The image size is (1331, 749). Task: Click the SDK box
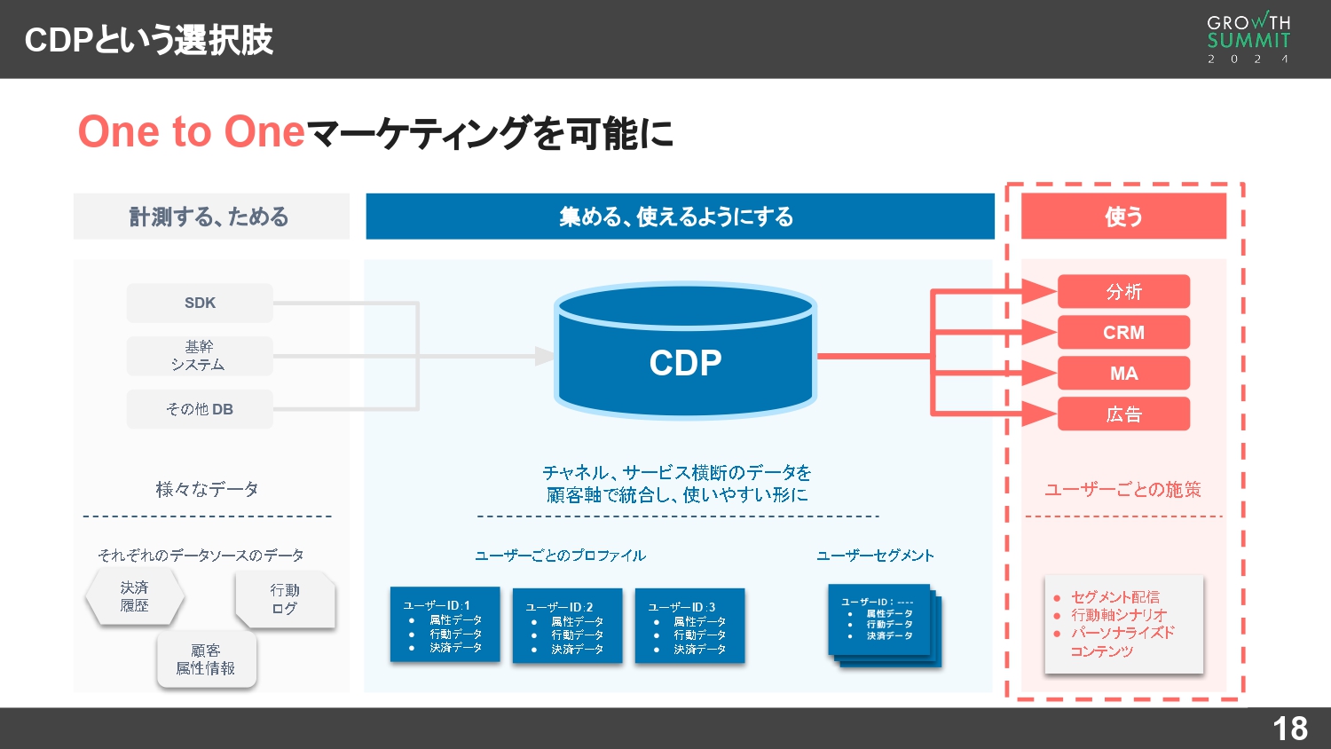click(200, 303)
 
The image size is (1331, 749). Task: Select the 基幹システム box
click(200, 356)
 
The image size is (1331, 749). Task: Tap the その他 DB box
click(200, 409)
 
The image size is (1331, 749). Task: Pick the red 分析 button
click(1123, 291)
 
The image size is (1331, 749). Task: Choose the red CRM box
click(1123, 332)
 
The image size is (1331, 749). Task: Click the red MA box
click(1123, 373)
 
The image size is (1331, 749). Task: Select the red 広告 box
click(1123, 414)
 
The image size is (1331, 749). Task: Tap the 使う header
click(1123, 217)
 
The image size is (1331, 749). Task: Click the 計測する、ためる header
click(210, 217)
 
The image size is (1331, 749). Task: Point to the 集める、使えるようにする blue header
click(680, 217)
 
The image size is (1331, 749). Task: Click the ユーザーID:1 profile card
click(445, 625)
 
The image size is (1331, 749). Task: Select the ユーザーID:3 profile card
click(689, 626)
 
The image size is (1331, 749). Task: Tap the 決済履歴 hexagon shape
click(135, 596)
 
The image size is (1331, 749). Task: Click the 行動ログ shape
click(285, 599)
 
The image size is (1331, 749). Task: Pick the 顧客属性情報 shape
click(206, 659)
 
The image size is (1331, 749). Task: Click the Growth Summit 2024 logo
click(1248, 38)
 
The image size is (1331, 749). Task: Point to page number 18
click(1289, 729)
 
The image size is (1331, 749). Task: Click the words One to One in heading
click(192, 132)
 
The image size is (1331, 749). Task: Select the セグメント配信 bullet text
click(1114, 597)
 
